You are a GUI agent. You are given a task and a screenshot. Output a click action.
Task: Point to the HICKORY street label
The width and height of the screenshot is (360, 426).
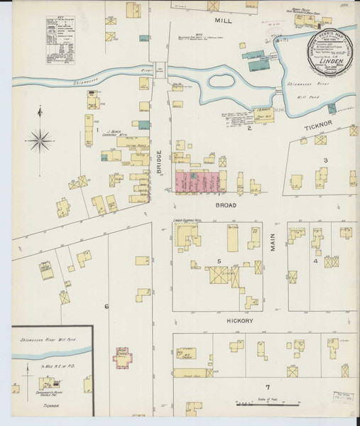[x=219, y=320]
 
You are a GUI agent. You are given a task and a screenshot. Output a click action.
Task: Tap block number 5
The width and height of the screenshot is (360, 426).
[x=219, y=261]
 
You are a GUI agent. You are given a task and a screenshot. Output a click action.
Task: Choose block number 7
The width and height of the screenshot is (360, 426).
[x=267, y=387]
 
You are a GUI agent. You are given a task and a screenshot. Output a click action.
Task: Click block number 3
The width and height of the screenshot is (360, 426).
[x=325, y=160]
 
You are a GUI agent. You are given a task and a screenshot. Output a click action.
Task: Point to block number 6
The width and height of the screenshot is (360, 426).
[x=107, y=306]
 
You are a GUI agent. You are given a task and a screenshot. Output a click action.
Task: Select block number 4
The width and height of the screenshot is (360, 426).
[x=315, y=261]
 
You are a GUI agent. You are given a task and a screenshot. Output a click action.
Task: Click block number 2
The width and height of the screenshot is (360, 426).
[x=249, y=129]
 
